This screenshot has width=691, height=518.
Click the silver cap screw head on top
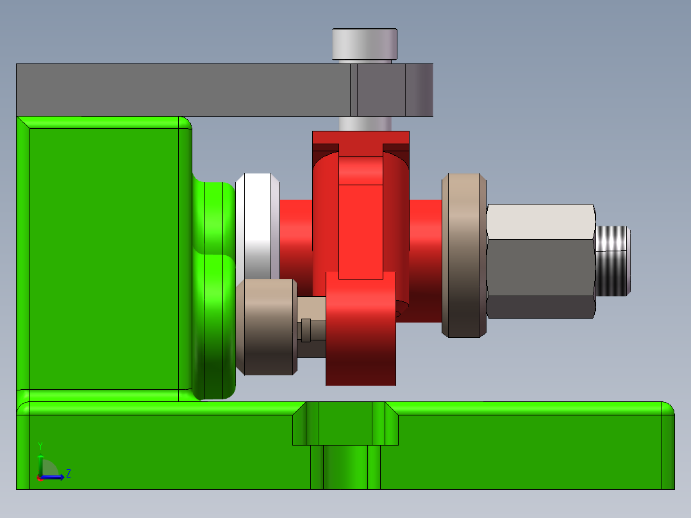tap(364, 44)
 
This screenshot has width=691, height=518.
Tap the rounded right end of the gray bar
tap(420, 90)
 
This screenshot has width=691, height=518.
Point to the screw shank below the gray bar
tap(364, 124)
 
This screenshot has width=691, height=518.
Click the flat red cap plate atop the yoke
tap(360, 137)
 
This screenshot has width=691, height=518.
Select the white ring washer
tap(258, 224)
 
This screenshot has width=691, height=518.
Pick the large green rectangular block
tap(103, 256)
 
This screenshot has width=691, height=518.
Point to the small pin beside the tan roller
tap(306, 330)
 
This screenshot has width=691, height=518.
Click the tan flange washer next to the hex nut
tap(463, 255)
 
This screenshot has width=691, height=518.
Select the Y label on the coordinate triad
tap(40, 446)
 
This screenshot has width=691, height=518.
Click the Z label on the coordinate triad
tap(68, 474)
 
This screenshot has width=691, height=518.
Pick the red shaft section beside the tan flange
tap(425, 256)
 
